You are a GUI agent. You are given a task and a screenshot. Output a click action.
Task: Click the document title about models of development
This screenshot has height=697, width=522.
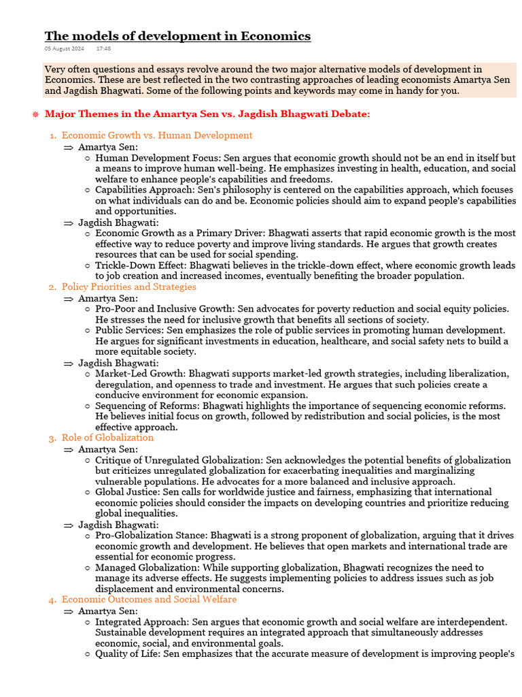pos(177,36)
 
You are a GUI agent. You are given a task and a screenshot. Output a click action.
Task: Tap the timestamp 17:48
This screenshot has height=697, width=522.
pos(104,49)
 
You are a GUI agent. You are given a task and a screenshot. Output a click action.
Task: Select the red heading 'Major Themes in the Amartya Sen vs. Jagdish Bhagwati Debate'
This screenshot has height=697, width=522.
pos(207,114)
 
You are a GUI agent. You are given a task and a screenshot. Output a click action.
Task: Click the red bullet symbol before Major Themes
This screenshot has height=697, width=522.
pos(35,114)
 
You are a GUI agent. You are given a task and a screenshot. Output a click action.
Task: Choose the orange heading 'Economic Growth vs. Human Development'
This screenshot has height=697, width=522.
pos(156,135)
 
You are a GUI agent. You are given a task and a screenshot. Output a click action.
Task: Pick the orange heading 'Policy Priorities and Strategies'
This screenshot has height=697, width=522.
pos(128,287)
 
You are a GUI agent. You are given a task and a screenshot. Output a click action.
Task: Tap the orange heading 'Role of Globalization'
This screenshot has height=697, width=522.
pos(107,438)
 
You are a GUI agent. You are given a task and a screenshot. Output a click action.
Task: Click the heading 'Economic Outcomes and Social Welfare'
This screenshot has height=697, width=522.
pos(149,600)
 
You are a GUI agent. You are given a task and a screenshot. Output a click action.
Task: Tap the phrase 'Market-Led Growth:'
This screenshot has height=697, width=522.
pos(140,373)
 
